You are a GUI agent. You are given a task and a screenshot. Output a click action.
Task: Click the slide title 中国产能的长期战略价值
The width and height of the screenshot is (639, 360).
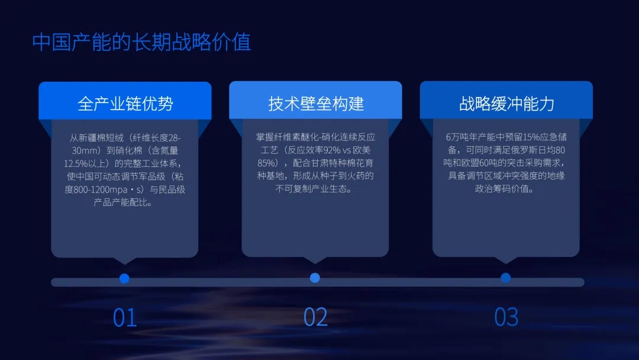tap(141, 42)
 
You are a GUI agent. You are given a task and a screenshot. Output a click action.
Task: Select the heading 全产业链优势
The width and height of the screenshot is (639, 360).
tap(125, 104)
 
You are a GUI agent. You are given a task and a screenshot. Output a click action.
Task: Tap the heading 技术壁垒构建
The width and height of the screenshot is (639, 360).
tap(315, 104)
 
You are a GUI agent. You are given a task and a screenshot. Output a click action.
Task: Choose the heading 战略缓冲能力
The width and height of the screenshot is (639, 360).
tap(506, 104)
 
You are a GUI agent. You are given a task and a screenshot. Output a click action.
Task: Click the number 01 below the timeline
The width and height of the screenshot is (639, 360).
tap(125, 318)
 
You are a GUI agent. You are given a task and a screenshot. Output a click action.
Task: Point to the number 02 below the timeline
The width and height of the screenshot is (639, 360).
tap(315, 318)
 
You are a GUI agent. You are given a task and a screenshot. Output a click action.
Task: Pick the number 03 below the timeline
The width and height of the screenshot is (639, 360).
tap(506, 318)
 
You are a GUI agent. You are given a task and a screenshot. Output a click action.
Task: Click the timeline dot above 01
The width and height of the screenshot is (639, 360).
tap(124, 278)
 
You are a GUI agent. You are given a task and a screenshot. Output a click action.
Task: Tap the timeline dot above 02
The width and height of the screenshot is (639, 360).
tap(315, 278)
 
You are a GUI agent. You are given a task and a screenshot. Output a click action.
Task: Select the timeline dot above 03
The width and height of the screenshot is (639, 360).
tap(505, 278)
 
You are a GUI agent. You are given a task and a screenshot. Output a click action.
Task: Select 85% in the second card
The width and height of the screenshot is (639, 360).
tap(266, 163)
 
